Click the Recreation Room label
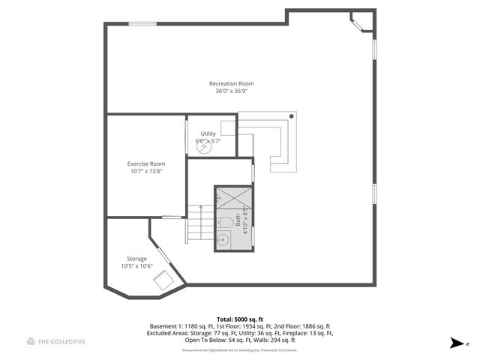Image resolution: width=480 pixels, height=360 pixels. [231, 83]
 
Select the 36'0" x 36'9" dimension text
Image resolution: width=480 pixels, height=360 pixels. [231, 91]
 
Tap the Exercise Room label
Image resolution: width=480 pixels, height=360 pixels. [146, 163]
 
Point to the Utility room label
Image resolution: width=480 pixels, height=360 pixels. [208, 133]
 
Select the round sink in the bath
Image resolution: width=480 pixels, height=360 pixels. [222, 241]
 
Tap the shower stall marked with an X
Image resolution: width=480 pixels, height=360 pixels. [233, 198]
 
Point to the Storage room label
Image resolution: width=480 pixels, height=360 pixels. [136, 259]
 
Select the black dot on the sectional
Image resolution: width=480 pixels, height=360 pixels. [292, 116]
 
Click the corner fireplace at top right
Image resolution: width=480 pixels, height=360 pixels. [361, 22]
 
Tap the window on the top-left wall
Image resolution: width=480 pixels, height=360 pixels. [142, 24]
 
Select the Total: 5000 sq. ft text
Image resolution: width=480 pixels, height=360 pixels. [240, 319]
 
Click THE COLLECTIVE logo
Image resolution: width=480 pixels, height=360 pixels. [56, 342]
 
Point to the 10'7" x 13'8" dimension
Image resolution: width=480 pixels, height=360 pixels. [146, 171]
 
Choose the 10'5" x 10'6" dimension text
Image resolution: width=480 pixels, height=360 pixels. [136, 266]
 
